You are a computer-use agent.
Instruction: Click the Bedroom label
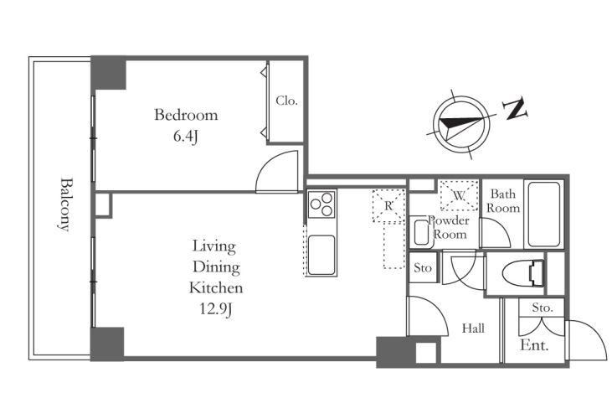[186, 115]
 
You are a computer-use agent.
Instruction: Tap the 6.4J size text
[186, 137]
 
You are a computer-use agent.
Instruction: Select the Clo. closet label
[286, 101]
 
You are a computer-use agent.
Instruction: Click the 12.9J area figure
[216, 310]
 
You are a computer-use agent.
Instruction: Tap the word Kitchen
[216, 288]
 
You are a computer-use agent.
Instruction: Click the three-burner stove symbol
[321, 204]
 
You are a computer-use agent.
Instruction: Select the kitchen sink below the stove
[321, 255]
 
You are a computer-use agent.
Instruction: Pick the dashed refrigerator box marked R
[388, 206]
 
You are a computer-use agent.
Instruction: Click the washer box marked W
[459, 195]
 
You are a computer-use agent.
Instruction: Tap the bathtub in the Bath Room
[543, 214]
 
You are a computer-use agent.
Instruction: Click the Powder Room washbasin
[421, 233]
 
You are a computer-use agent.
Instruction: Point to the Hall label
[473, 328]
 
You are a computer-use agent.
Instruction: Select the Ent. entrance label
[534, 345]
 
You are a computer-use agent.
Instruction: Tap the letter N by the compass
[515, 110]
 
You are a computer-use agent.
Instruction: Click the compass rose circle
[462, 125]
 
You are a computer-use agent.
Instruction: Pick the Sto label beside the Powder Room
[423, 268]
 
